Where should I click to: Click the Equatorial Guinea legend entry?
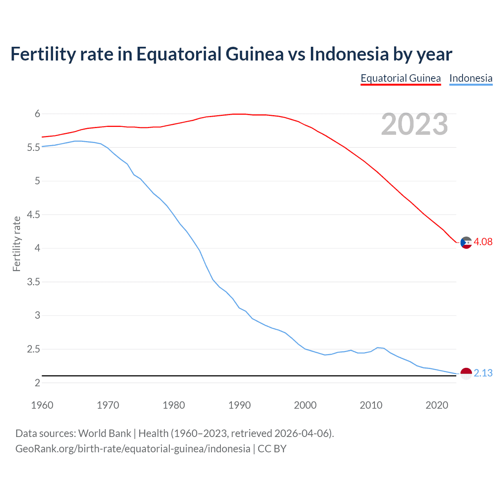pos(400,78)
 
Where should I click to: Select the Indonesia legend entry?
pos(471,78)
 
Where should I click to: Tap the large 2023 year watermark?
pos(415,124)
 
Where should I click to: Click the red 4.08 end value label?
pos(483,242)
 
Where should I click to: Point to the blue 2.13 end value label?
pos(483,373)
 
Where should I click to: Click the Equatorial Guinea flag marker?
pos(466,243)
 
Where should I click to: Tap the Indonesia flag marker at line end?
pos(466,374)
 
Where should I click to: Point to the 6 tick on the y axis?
pos(37,114)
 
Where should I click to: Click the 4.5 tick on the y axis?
pos(33,215)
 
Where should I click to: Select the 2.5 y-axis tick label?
pos(33,349)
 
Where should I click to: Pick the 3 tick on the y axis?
pos(37,316)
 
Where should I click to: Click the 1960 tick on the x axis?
pos(42,405)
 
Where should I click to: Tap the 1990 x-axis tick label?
pos(239,405)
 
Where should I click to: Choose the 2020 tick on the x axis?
pos(437,405)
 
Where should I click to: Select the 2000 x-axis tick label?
pos(305,405)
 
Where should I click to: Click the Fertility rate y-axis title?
pos(17,244)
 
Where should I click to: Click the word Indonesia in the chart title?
pos(349,54)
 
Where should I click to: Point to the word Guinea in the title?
pos(254,54)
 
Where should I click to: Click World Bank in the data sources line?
pos(105,433)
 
